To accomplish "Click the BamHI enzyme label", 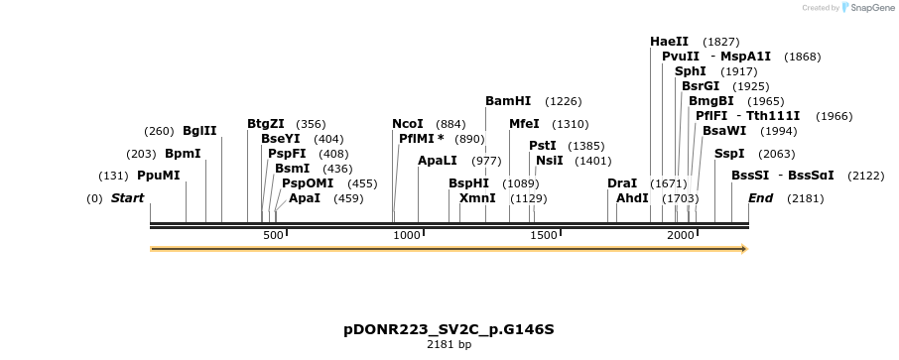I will click(508, 101).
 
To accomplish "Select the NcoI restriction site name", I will click(408, 124).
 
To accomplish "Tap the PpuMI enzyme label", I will click(159, 176).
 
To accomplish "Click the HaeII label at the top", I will click(669, 42).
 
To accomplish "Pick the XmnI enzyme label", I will click(477, 198).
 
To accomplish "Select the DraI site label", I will click(622, 183).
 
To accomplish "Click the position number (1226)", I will click(564, 101).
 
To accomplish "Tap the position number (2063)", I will click(777, 154).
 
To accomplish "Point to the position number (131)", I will click(114, 176).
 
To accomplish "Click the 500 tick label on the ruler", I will click(274, 235).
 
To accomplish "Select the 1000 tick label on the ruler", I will click(408, 235).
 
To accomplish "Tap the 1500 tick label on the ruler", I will click(544, 235).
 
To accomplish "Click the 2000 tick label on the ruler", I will click(681, 235).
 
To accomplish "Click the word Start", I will click(127, 198).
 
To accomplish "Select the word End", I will click(760, 198).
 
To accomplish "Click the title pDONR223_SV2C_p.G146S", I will click(449, 328).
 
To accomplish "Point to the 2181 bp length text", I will click(449, 344).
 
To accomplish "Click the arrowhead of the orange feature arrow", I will click(743, 249).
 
